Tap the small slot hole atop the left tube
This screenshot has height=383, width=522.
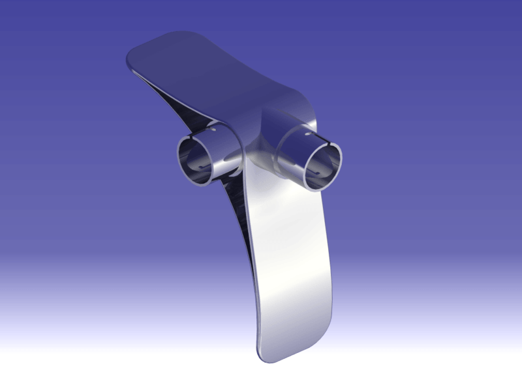[x=213, y=128]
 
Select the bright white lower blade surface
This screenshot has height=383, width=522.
[x=287, y=261]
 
